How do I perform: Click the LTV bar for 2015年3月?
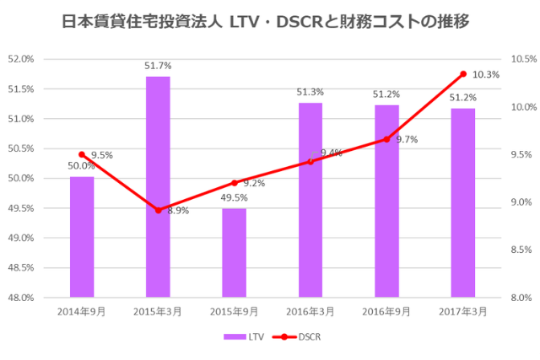click(x=158, y=186)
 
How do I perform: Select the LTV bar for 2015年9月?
click(x=234, y=253)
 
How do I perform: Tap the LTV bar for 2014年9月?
click(x=82, y=237)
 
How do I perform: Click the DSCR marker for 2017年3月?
click(x=462, y=74)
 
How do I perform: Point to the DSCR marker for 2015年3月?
click(x=158, y=210)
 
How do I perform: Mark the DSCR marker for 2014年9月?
click(x=82, y=154)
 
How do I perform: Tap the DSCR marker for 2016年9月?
click(x=386, y=139)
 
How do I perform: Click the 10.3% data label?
click(x=485, y=75)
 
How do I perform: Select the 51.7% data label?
click(x=158, y=65)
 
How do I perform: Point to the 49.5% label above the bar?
click(x=234, y=197)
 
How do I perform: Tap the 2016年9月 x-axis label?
click(x=386, y=311)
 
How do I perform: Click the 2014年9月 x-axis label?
click(x=82, y=311)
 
